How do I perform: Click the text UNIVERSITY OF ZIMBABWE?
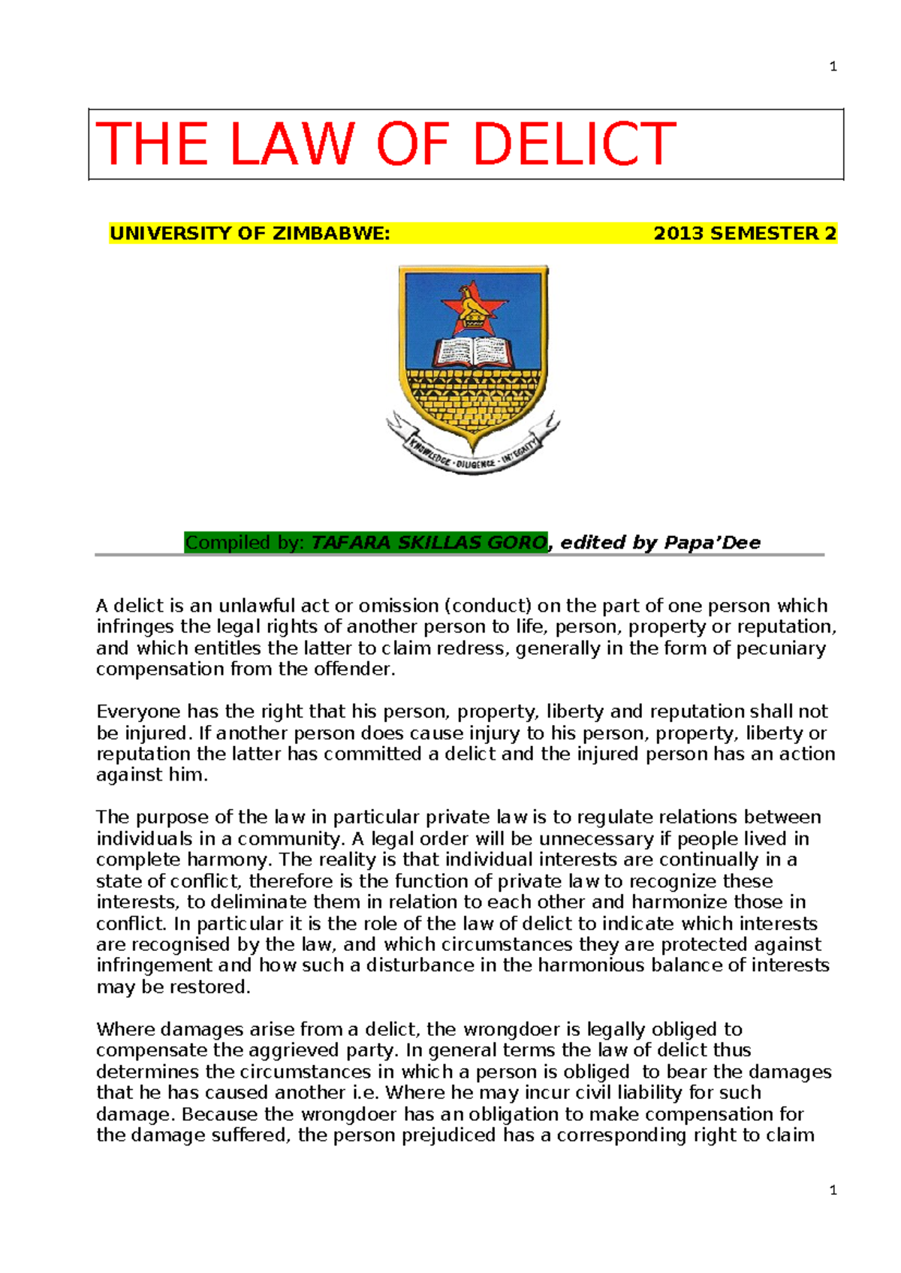(x=249, y=233)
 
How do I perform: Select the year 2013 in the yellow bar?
(x=680, y=233)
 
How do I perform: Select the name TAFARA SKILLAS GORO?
(x=429, y=543)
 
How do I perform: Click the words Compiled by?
(x=245, y=543)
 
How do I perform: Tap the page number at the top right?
(x=833, y=67)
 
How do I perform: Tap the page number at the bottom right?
(x=833, y=1190)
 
